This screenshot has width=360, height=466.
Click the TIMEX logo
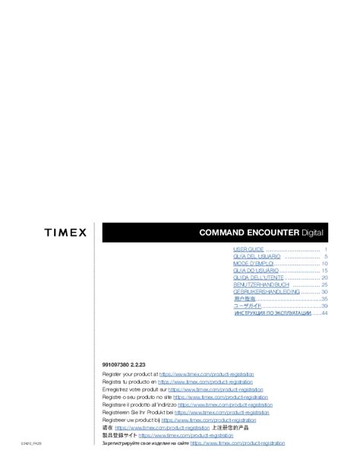(65, 232)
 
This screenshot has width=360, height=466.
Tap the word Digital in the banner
(311, 232)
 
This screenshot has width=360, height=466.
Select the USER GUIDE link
(248, 249)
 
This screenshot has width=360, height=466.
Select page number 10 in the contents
(324, 264)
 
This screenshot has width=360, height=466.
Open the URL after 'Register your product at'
(207, 375)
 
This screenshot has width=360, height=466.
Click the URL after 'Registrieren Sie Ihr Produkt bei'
(222, 412)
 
